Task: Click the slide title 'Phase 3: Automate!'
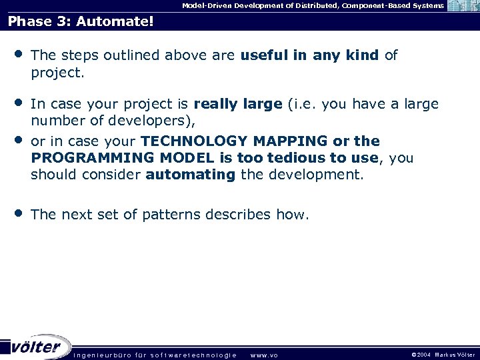[x=81, y=22]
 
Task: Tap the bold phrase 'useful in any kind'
[x=310, y=55]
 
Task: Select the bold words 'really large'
[x=238, y=104]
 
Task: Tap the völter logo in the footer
[x=36, y=347]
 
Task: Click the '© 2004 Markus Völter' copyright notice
[x=443, y=355]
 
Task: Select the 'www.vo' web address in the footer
[x=263, y=355]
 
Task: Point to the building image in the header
[x=463, y=6]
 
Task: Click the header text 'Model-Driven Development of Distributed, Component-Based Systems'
[x=313, y=5]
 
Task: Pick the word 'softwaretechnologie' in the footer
[x=193, y=355]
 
